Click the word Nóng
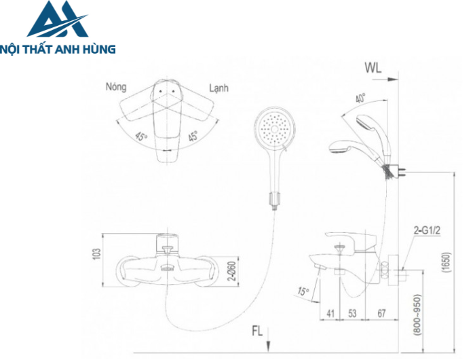point(118,88)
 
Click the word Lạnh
point(218,88)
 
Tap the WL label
point(374,67)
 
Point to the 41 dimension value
point(330,314)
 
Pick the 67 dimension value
point(381,314)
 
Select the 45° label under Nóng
point(141,135)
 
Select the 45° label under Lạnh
point(193,136)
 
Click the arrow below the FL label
point(269,343)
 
